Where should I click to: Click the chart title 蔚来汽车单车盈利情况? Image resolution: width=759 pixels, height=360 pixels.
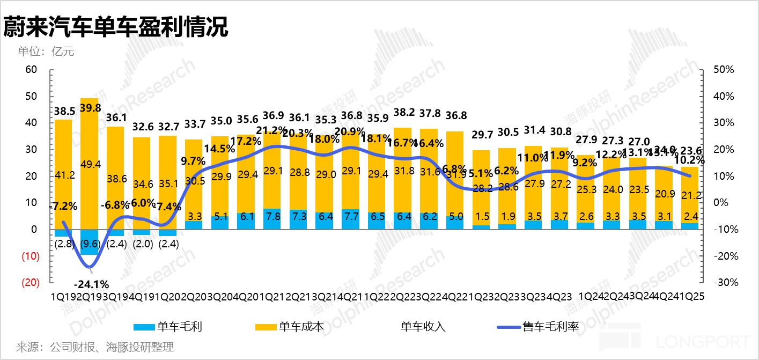116,27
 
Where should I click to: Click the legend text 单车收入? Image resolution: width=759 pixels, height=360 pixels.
423,326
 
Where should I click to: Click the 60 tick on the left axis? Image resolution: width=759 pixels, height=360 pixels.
31,70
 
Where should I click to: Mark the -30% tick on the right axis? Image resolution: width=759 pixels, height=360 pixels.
722,282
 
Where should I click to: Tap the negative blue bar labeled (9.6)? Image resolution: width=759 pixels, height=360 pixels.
90,242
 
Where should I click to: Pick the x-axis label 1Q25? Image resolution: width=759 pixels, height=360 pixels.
694,296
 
